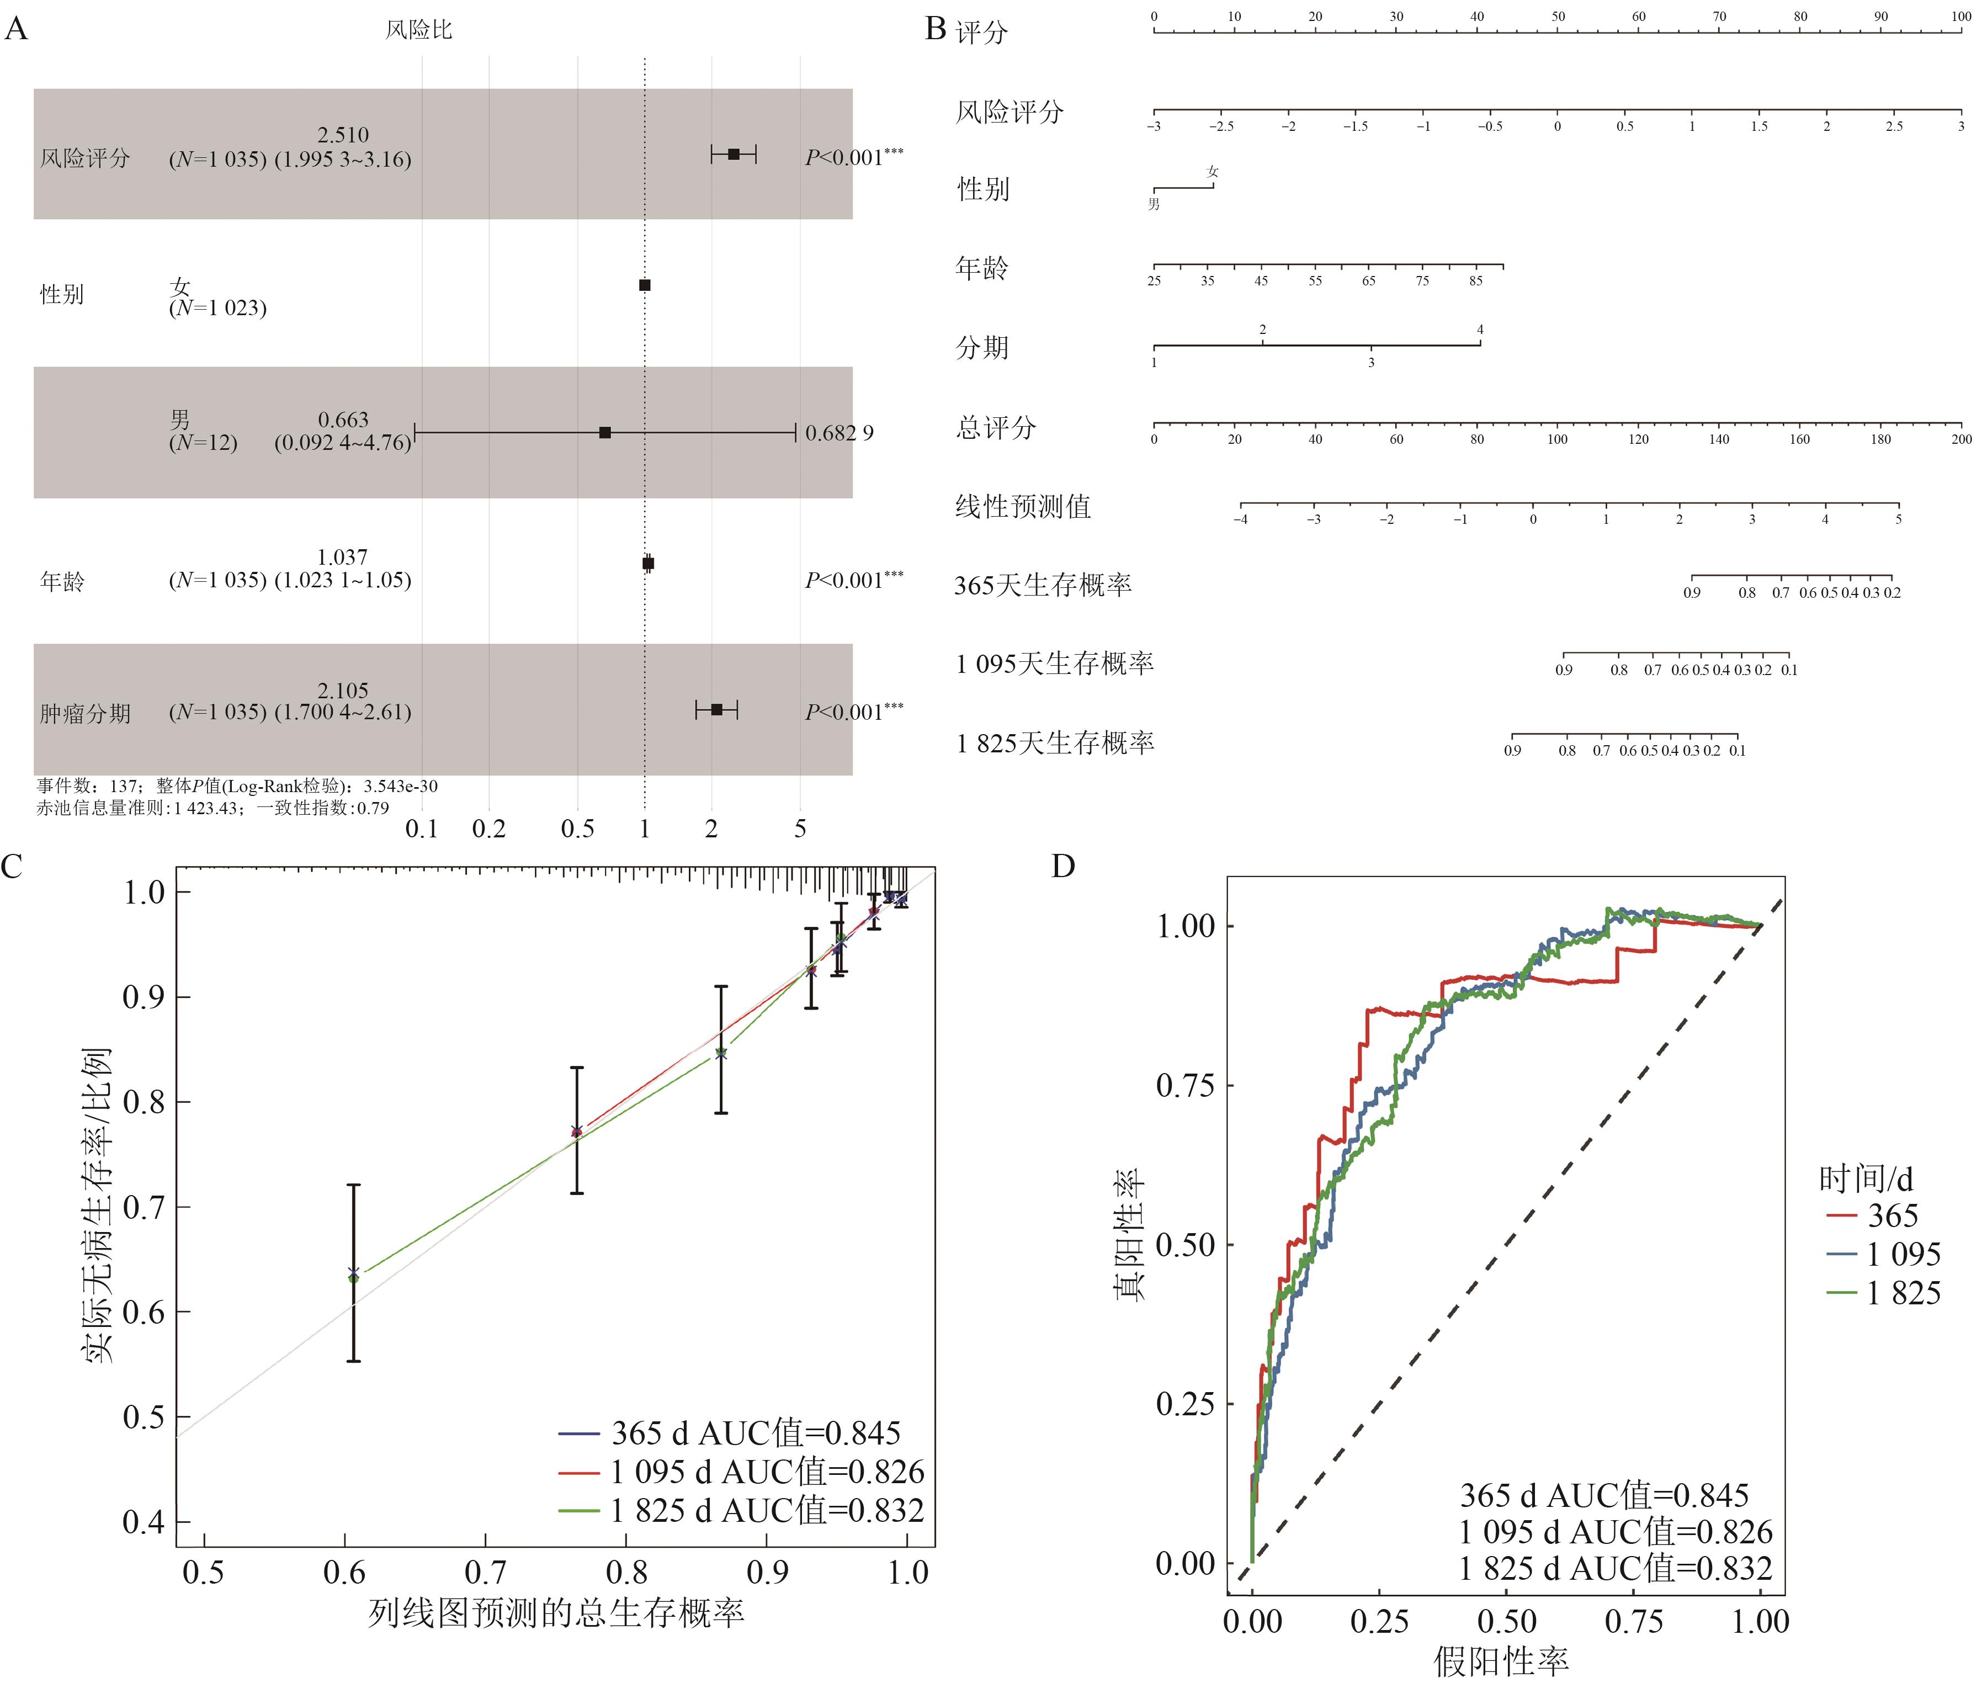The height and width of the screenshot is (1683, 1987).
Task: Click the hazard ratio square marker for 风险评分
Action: (x=734, y=153)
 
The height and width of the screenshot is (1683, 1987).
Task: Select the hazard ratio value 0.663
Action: (x=343, y=420)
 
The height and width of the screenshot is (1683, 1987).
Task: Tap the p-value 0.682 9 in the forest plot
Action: (x=840, y=433)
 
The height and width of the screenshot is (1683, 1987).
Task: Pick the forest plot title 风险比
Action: (x=419, y=30)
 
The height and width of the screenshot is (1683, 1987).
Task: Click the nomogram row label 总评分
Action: (x=996, y=427)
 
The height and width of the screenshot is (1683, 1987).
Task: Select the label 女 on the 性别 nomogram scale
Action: (x=1213, y=172)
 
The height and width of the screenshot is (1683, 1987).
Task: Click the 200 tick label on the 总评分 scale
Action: (x=1961, y=440)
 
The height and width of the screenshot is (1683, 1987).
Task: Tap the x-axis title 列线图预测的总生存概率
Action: (x=556, y=1613)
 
